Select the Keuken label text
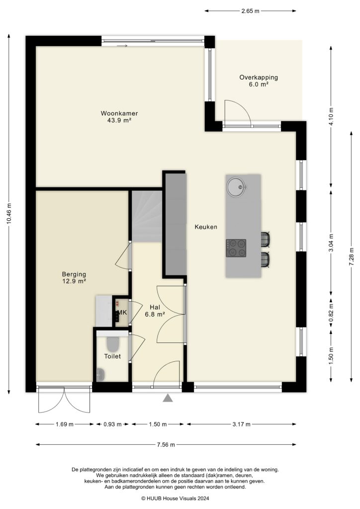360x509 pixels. click(x=206, y=227)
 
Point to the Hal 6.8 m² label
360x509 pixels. click(x=154, y=310)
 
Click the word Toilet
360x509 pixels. click(x=112, y=356)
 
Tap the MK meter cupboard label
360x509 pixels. click(x=122, y=313)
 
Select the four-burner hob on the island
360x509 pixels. click(x=236, y=248)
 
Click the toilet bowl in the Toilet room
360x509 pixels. click(x=113, y=343)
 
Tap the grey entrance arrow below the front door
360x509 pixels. click(x=168, y=397)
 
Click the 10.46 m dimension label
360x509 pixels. click(x=9, y=214)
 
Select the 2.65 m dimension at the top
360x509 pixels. click(x=250, y=10)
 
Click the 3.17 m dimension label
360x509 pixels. click(x=241, y=424)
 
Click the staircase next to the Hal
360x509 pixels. click(x=147, y=216)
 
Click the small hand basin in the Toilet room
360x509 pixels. click(x=100, y=374)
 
